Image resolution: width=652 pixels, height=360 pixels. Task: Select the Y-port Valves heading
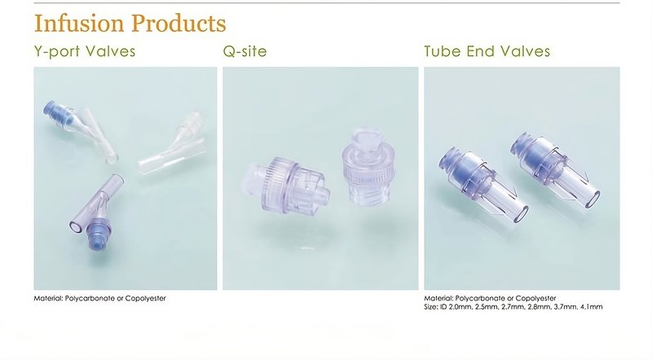(x=85, y=51)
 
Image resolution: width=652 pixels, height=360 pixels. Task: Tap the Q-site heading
(x=245, y=51)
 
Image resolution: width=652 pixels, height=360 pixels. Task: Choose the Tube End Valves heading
(x=487, y=51)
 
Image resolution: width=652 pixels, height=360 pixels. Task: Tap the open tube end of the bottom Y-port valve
(x=76, y=227)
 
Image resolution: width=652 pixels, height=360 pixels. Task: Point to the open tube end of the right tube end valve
(x=593, y=200)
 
